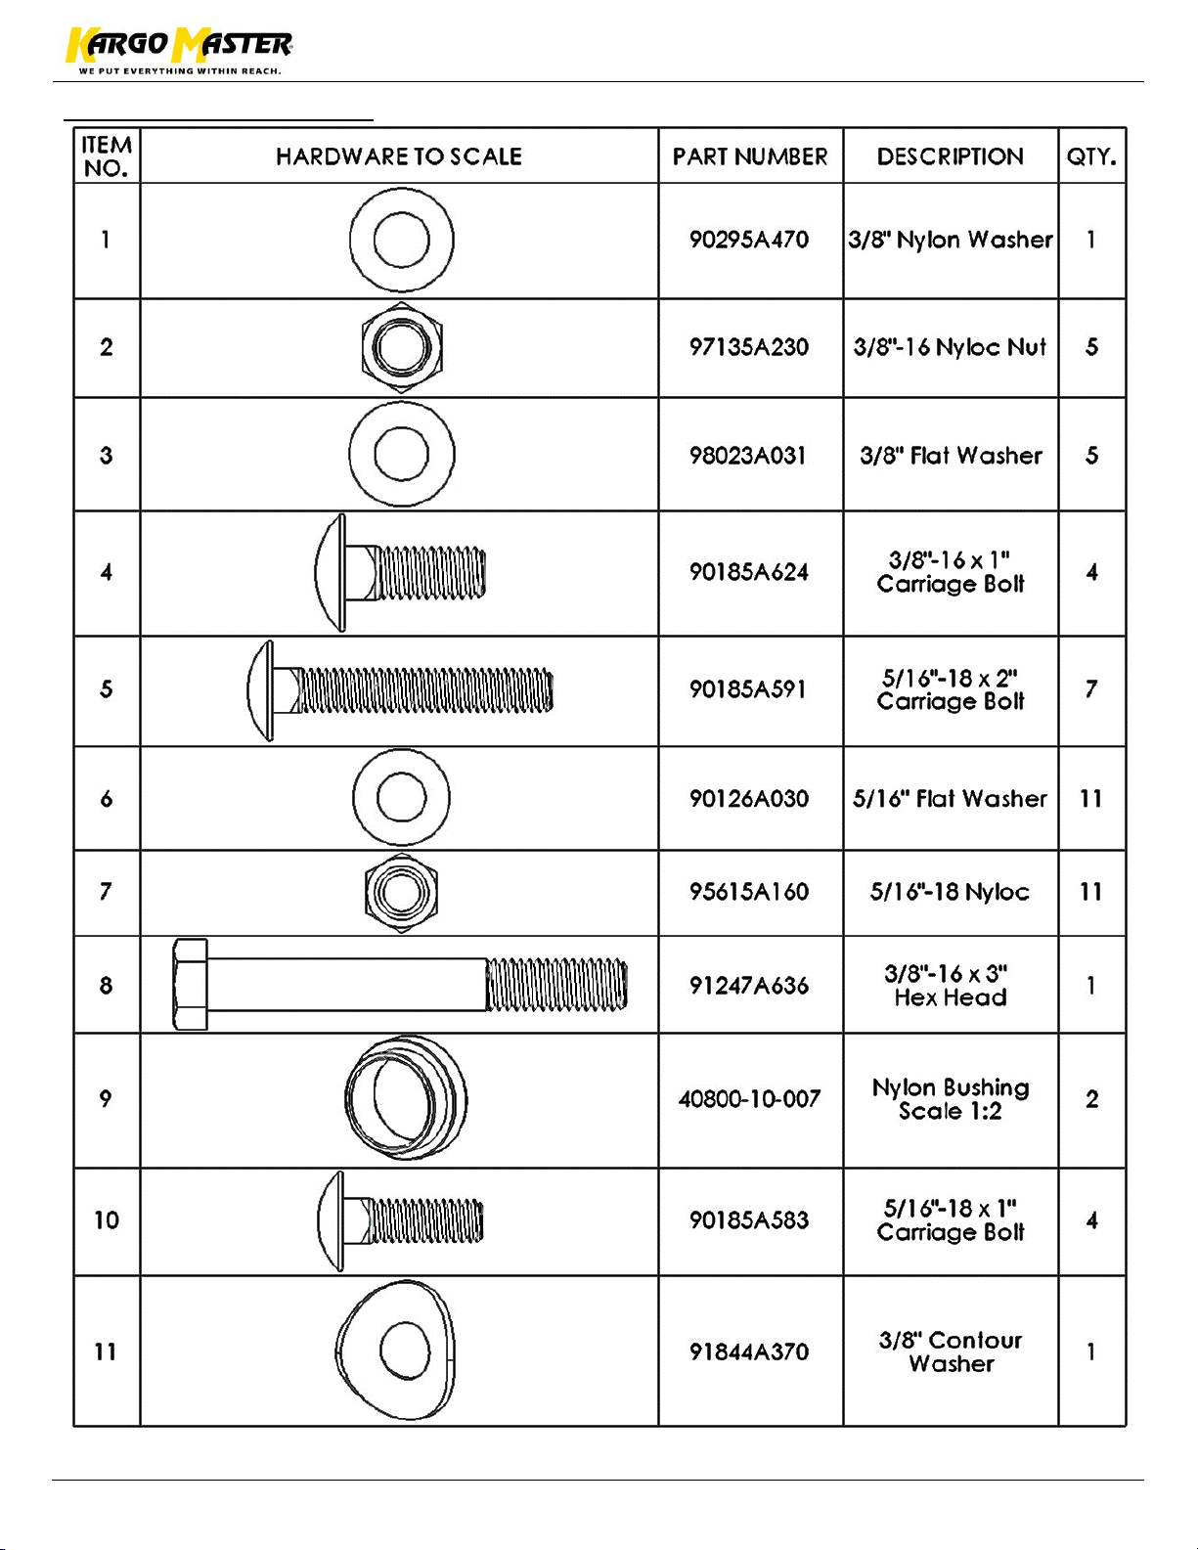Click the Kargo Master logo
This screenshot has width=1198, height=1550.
click(178, 50)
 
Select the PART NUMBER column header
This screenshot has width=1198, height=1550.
click(750, 156)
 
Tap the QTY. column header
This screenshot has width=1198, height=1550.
click(1091, 156)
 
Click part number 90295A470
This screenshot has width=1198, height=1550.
click(749, 239)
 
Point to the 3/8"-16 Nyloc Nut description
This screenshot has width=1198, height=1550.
click(950, 346)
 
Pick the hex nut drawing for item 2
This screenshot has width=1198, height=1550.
click(402, 347)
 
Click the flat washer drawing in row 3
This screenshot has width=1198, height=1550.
click(402, 455)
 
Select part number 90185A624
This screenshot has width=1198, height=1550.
click(749, 571)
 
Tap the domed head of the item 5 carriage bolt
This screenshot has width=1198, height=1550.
click(260, 690)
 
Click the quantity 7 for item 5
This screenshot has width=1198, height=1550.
click(1091, 689)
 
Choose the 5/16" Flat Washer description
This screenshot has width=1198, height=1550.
click(950, 798)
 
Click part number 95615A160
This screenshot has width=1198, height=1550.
click(749, 892)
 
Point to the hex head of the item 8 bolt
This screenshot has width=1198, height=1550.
click(191, 985)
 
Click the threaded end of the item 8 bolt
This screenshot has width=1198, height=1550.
click(556, 985)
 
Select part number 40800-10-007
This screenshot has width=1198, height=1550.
click(749, 1098)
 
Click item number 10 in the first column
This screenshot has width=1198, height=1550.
click(107, 1219)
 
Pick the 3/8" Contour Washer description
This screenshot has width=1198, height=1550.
click(951, 1351)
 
